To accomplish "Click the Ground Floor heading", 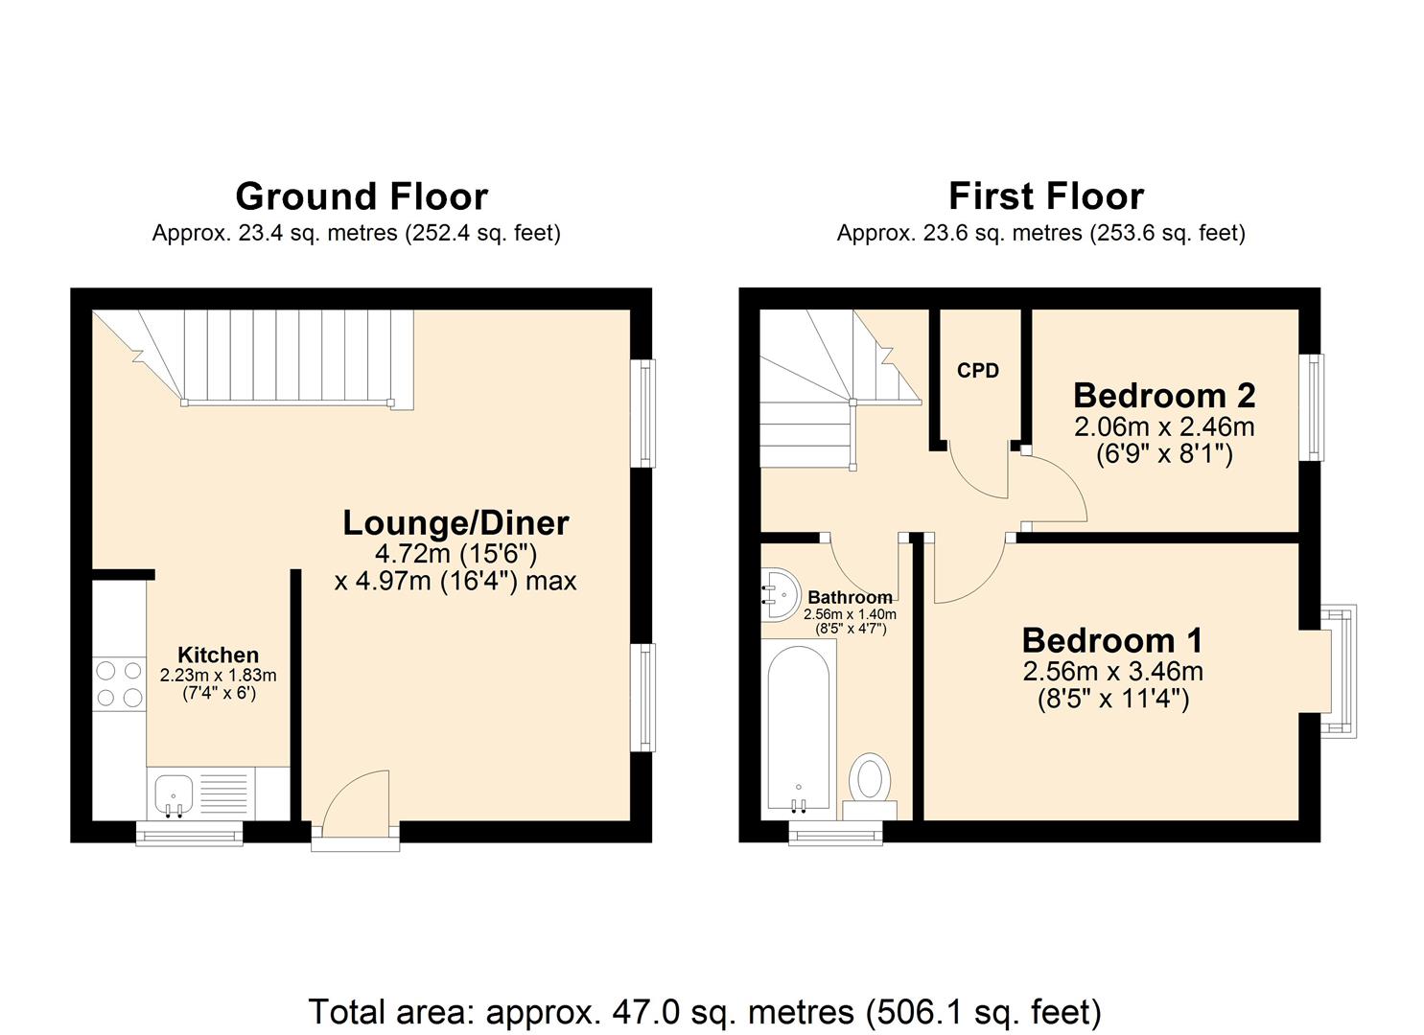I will pos(362,196).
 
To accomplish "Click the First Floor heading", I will pos(1045,196).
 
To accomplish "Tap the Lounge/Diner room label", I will pos(455,523).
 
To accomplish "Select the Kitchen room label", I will pos(218,655).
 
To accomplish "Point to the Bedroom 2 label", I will pos(1164,395).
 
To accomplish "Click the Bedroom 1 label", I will pos(1112,640).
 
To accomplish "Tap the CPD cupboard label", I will pos(977,371).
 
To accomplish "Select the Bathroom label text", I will pos(850,598).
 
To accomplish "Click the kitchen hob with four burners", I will pos(120,684).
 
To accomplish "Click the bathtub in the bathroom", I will pos(798,728).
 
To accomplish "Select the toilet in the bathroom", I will pos(871,781).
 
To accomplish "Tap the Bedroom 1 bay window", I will pos(1341,671).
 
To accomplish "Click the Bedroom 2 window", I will pos(1312,407).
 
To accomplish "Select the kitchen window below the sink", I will pos(189,836).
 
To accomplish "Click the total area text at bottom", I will pos(705,1012).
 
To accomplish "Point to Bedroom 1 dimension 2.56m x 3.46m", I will pos(1112,671).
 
